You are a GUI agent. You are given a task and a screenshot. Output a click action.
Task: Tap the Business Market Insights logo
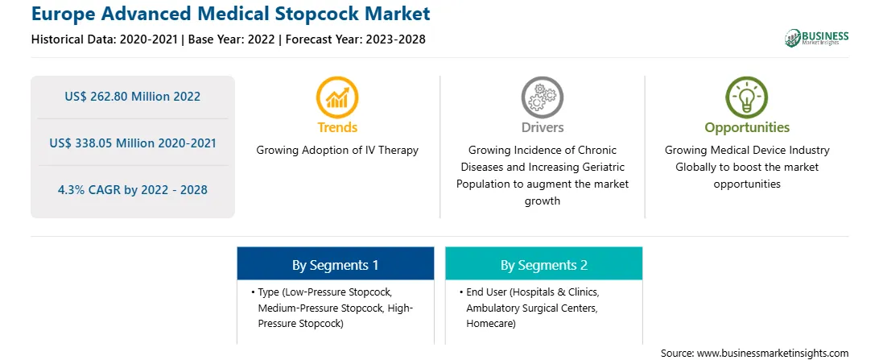click(x=816, y=38)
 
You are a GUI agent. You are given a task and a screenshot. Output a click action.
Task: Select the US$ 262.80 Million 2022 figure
click(x=132, y=97)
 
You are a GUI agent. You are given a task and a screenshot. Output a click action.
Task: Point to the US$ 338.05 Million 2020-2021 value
click(x=132, y=143)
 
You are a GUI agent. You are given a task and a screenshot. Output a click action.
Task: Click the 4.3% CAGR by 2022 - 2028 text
click(x=132, y=189)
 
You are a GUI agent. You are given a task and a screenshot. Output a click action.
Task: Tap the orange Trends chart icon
click(x=337, y=97)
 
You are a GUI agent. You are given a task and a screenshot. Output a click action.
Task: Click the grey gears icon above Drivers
click(x=542, y=97)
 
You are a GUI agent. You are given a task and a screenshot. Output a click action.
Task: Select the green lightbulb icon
click(x=747, y=97)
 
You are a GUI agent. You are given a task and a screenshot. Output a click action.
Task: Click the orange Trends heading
click(x=337, y=127)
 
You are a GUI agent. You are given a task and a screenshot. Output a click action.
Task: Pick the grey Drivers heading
click(x=543, y=127)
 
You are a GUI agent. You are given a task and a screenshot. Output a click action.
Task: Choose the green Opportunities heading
click(x=747, y=128)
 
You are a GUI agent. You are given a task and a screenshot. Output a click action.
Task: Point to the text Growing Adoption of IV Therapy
click(x=337, y=151)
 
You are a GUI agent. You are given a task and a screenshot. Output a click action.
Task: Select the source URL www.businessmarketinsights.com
click(x=773, y=354)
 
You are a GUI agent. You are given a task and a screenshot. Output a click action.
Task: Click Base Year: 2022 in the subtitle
click(x=232, y=39)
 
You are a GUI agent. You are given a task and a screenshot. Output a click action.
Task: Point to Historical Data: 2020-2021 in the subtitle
click(x=104, y=39)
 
